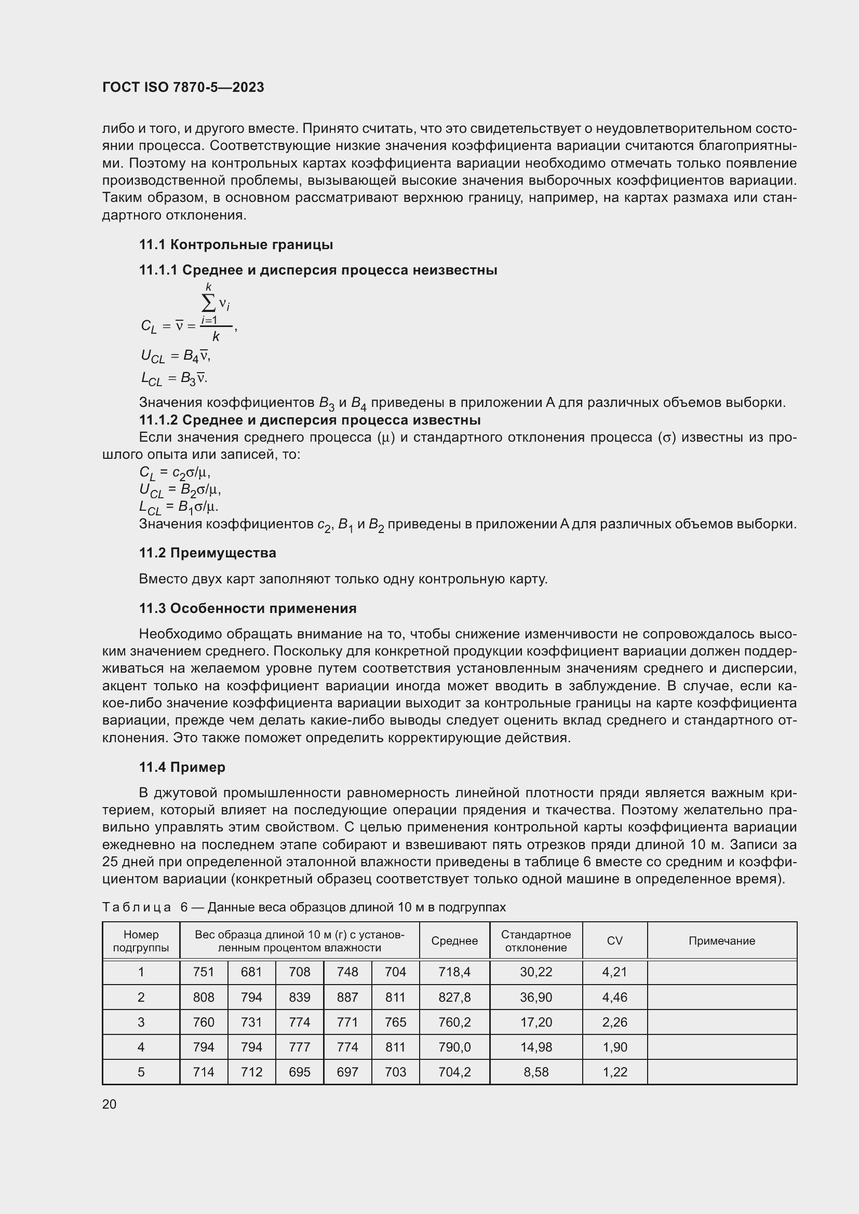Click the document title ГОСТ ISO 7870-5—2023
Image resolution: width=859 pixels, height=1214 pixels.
tap(183, 87)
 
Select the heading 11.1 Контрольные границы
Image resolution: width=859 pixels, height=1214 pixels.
tap(236, 245)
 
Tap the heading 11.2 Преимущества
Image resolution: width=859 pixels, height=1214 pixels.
tap(207, 553)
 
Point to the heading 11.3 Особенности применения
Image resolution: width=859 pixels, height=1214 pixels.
tap(248, 609)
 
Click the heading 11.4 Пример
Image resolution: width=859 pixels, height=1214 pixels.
tap(182, 767)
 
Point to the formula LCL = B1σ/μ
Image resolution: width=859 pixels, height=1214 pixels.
tap(179, 507)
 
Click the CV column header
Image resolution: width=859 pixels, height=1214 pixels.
tap(614, 941)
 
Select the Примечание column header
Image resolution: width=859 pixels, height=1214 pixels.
tap(721, 941)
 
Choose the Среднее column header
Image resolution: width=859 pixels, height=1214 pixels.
tap(454, 941)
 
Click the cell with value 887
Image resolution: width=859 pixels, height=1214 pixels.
tap(347, 997)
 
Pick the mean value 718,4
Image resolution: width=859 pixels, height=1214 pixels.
tap(454, 972)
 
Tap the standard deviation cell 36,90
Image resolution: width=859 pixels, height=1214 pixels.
tap(536, 997)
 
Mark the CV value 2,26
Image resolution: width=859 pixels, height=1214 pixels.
tap(614, 1022)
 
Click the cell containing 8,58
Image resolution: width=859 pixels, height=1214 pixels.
tap(536, 1072)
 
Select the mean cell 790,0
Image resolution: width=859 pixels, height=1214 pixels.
tap(454, 1047)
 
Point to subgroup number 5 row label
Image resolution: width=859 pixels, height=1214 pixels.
tap(141, 1072)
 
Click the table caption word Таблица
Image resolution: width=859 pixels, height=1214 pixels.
tap(137, 907)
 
